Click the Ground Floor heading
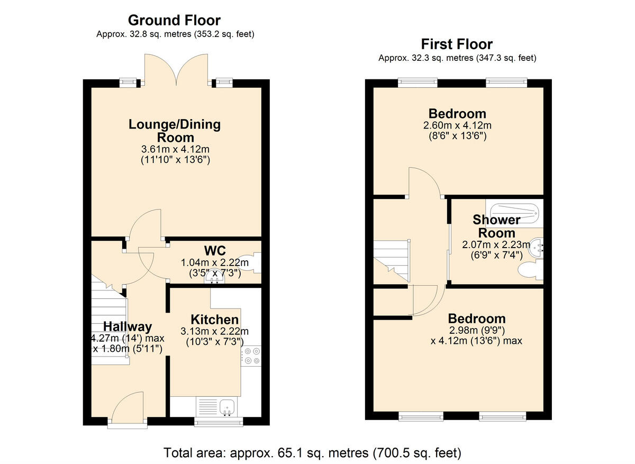(174, 21)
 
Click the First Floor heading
(457, 44)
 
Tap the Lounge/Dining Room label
(175, 131)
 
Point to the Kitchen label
(214, 320)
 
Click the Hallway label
(128, 326)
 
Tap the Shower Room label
(496, 226)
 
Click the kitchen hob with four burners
(251, 356)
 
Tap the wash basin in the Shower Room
(537, 247)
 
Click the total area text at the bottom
(312, 453)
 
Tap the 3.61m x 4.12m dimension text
(175, 150)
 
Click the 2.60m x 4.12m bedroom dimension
(457, 126)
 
